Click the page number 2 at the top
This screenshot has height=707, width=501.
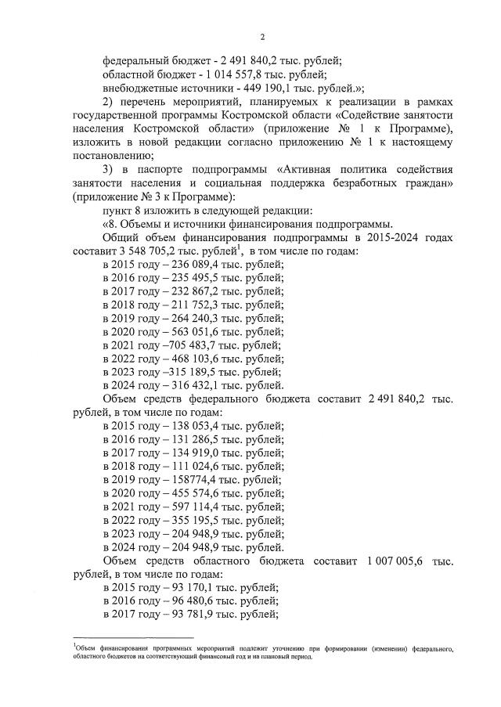tap(264, 37)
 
